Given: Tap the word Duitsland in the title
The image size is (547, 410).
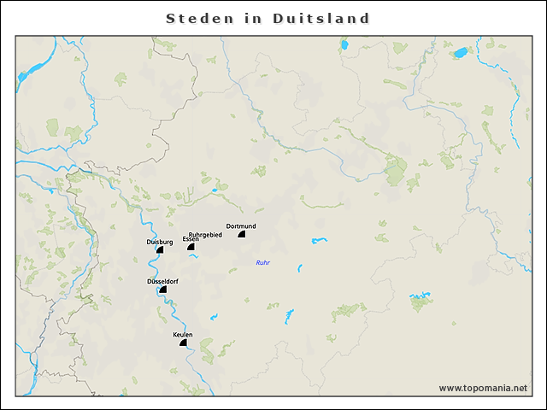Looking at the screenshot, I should [322, 18].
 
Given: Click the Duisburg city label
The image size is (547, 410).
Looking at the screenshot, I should [160, 243].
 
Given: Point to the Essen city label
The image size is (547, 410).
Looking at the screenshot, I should [191, 239].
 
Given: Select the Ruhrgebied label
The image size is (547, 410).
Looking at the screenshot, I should [205, 234].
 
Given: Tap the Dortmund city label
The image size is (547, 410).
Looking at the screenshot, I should [241, 225].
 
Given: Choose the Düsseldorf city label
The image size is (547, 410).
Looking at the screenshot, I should [162, 281].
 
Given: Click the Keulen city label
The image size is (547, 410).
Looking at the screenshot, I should [183, 334].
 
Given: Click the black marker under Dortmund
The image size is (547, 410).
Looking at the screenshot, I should [242, 233].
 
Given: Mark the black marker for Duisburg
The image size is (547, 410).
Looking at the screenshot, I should [160, 250].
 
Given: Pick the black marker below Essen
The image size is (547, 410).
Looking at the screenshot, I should [191, 247].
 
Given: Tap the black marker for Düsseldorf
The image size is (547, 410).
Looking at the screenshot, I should [163, 290].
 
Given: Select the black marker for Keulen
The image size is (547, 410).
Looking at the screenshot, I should [182, 343].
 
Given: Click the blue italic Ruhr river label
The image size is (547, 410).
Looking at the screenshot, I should [263, 262].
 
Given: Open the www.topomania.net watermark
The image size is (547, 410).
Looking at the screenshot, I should [483, 388].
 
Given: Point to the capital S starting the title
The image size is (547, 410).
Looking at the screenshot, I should [171, 18].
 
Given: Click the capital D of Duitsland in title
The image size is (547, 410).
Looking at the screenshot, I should [279, 18].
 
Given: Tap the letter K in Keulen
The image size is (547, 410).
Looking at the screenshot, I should [175, 334].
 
